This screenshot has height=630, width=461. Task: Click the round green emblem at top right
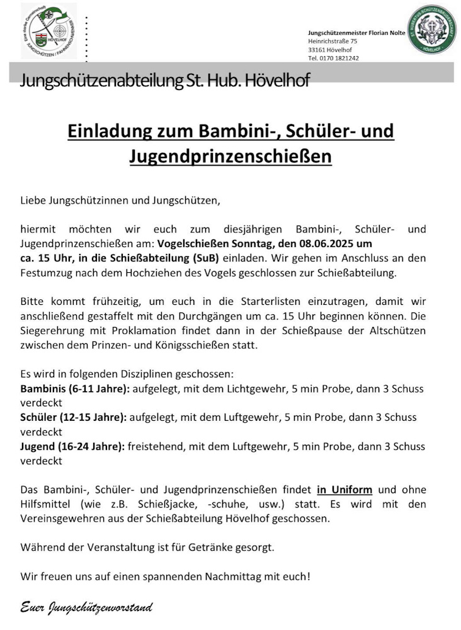pos(432,30)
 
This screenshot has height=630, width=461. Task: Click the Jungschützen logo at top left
pos(48,30)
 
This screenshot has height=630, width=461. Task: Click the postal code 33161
pos(317,49)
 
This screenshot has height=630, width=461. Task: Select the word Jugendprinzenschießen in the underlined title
pos(230,156)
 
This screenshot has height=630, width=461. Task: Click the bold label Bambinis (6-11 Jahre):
pos(75,388)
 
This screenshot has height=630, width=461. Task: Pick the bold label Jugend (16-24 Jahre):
pos(72,446)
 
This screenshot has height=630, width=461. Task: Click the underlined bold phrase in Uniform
pos(344,490)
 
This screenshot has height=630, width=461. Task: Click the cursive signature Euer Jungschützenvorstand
pos(86,608)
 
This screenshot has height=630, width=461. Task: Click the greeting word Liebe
pos(33,202)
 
